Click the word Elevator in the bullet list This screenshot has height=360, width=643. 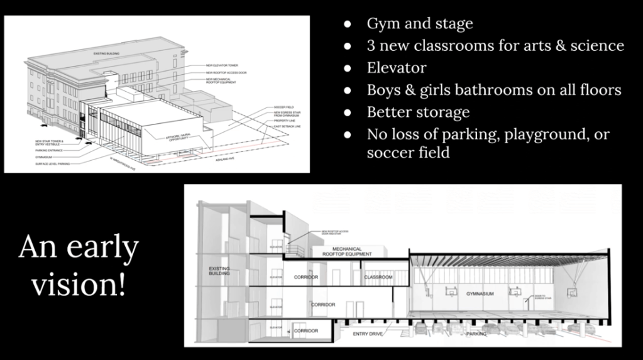tap(397, 68)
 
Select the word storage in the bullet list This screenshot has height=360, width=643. tap(446, 112)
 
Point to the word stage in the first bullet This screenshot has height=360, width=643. tap(453, 25)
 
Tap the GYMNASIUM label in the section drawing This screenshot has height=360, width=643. tap(480, 294)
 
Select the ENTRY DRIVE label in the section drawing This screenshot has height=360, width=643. tap(368, 334)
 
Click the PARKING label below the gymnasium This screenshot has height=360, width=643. tap(476, 334)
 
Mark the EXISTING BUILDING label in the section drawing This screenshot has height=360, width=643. tap(219, 271)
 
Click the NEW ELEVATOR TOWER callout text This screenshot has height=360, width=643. tap(223, 65)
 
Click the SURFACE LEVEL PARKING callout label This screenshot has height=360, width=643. tap(52, 163)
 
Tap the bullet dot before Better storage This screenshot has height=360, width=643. tap(348, 113)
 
